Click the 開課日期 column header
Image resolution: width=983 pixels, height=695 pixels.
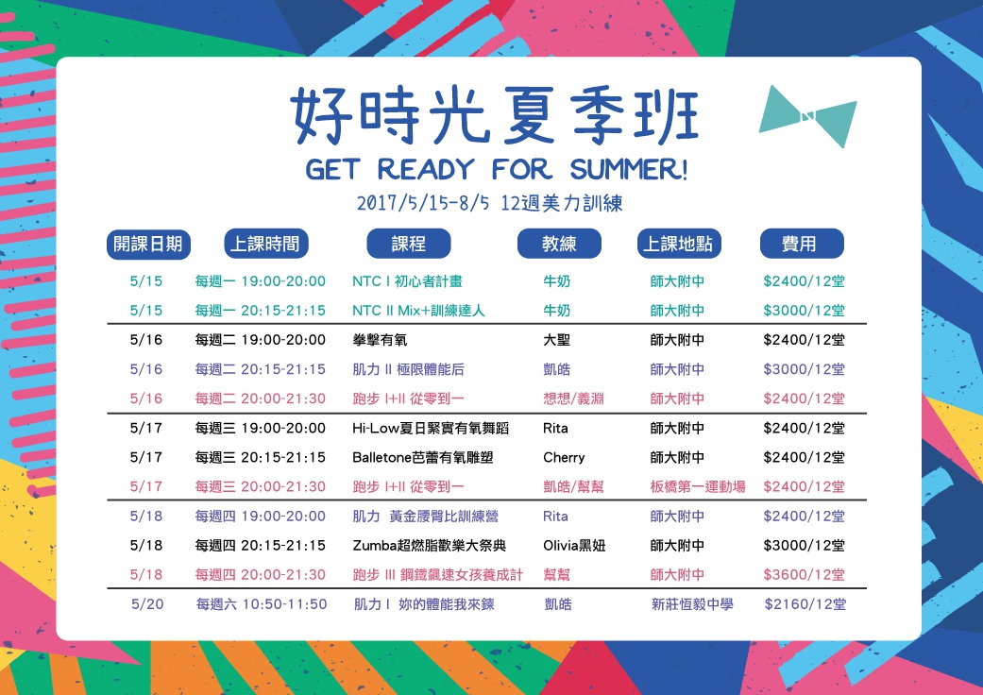coord(148,244)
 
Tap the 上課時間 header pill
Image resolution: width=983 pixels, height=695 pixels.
coord(265,244)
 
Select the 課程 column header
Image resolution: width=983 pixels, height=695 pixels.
coord(408,244)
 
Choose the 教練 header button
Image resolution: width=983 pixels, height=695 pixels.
coord(559,244)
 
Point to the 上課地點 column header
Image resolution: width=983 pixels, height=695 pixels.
coord(679,244)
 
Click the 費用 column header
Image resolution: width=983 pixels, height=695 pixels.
coord(802,244)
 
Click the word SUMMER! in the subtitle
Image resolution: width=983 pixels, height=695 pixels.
coord(629,169)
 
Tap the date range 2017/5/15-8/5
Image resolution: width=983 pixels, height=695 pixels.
coord(422,203)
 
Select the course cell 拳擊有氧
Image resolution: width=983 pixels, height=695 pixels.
coord(380,340)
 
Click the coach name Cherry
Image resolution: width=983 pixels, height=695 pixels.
coord(564,457)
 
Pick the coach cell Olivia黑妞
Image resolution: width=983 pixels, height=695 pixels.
coord(574,546)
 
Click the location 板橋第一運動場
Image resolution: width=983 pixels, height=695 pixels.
coord(698,487)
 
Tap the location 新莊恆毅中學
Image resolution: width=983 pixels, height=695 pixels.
coord(692,604)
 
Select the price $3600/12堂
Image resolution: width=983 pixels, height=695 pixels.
coord(804,575)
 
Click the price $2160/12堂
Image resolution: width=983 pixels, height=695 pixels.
coord(805,604)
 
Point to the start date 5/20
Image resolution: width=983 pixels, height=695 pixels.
coord(147,604)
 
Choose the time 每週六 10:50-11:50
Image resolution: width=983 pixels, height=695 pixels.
coord(262,604)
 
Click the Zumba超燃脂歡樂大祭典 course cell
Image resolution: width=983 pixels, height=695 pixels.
coord(429,546)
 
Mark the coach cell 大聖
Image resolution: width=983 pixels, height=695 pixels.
coord(557,340)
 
